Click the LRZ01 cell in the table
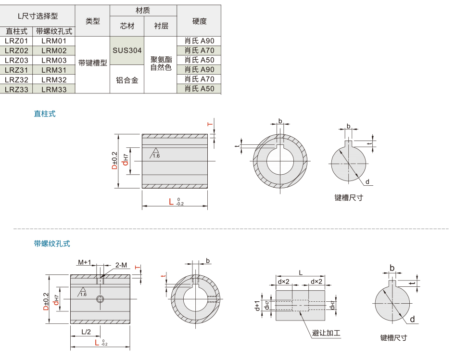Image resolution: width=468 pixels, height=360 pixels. pos(16,41)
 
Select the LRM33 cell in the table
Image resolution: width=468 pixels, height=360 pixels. pos(54,89)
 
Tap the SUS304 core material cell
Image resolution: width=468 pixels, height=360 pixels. pos(127,51)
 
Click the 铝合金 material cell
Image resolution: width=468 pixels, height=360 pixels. pos(127,79)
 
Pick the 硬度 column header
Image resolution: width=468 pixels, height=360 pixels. pos(199,21)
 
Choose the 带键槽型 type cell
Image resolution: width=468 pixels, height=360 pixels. pos(93,63)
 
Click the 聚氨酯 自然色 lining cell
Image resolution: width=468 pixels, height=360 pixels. pos(161,64)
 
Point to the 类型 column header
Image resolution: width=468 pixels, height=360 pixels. pos(93,21)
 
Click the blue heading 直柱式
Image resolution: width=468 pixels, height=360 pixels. pos(45,114)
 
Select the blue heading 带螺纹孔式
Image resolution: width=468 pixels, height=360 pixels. pos(52,244)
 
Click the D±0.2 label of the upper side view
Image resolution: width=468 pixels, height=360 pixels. pos(114,161)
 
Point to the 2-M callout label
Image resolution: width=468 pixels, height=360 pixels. pos(121,265)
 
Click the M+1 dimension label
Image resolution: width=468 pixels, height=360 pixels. pos(85,262)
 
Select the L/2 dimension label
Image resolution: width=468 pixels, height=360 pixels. pos(87,331)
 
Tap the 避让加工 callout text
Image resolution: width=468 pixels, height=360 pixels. pos(327,333)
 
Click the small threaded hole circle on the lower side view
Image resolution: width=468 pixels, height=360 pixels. pos(100,300)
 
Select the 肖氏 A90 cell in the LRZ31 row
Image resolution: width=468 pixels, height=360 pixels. pos(199,70)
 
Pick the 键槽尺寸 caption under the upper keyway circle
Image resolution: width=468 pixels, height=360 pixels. pos(349,197)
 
